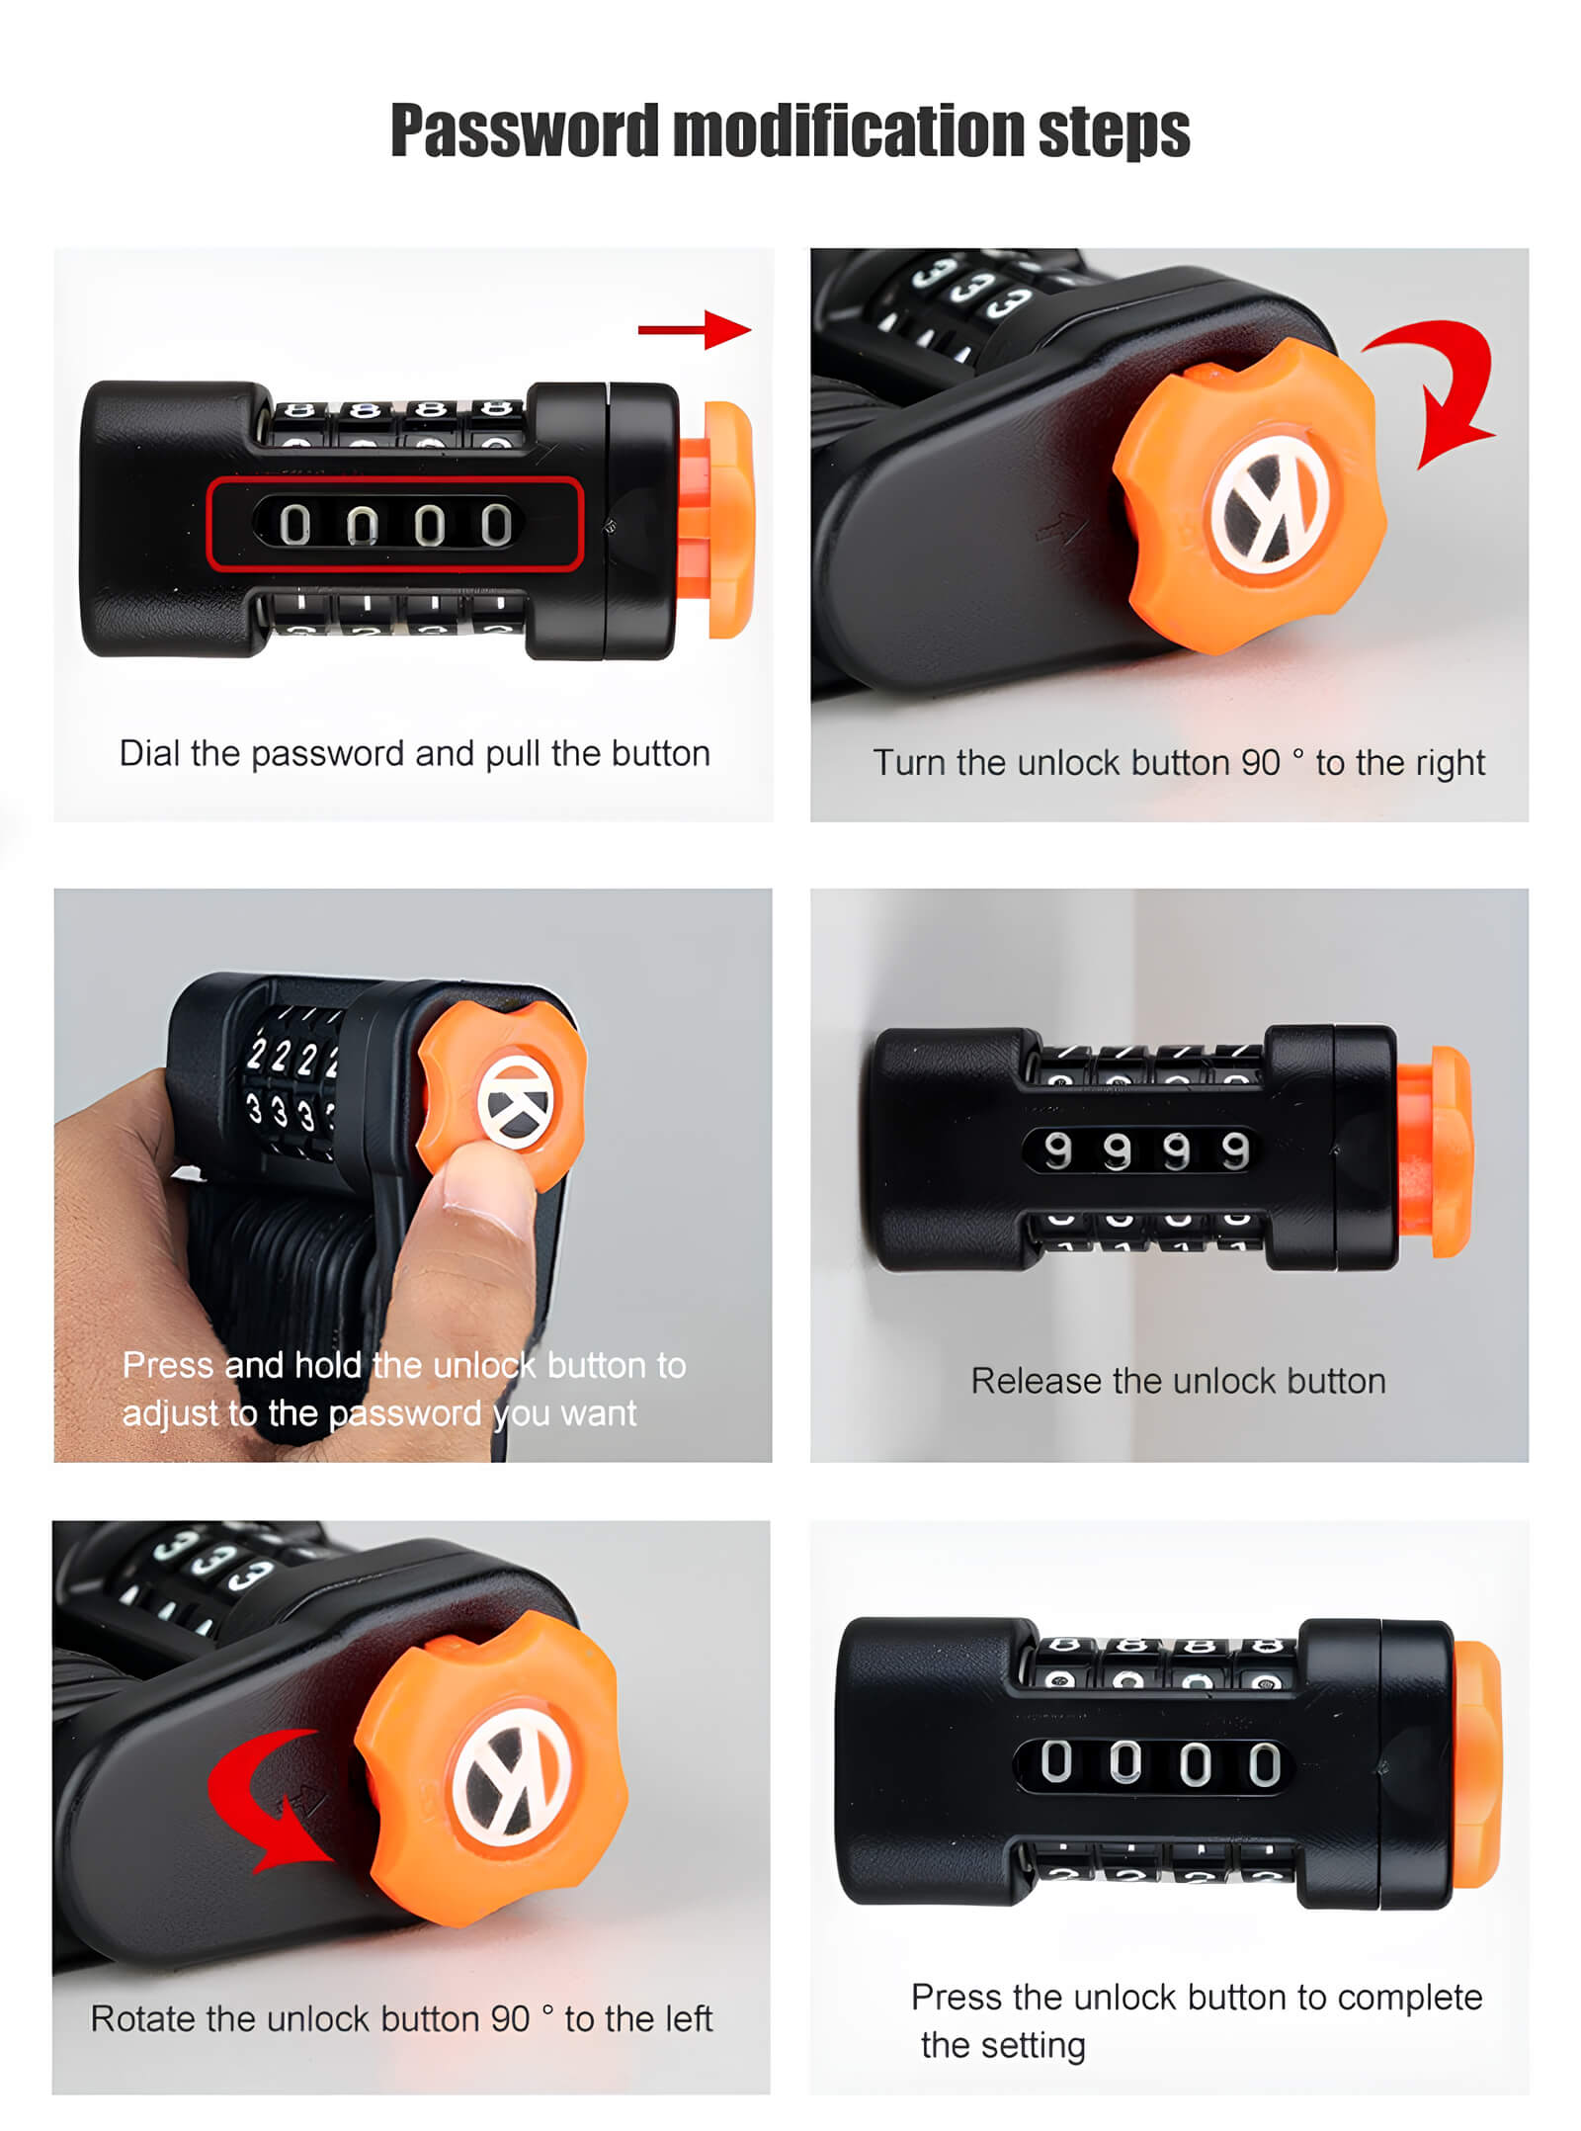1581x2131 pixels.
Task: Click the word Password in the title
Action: pos(524,130)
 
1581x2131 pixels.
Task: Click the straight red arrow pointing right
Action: pos(694,329)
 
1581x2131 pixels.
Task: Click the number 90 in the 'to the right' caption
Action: pos(1261,763)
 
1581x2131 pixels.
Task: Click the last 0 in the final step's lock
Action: pos(1264,1764)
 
